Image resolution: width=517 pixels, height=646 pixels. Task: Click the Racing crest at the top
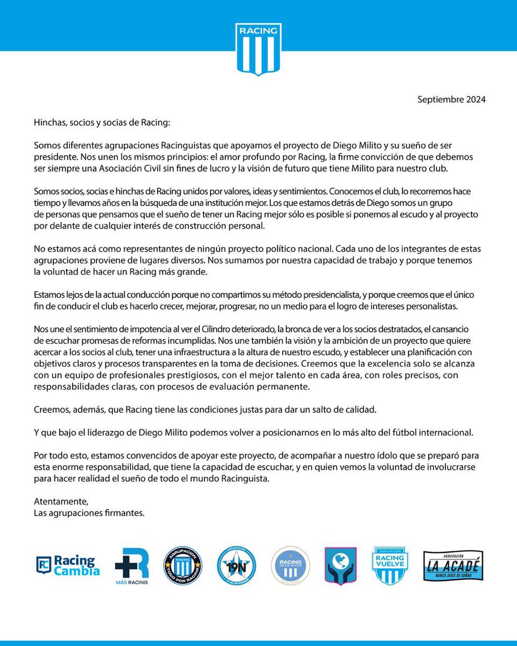[258, 48]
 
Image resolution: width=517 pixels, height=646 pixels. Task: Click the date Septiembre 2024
[451, 100]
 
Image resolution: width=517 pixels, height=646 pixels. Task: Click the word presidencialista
[345, 296]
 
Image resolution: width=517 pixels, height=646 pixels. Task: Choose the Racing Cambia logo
[68, 566]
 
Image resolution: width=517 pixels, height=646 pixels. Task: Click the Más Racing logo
[131, 566]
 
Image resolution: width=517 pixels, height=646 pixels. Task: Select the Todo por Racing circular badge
[183, 565]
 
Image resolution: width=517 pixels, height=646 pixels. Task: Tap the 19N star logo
[236, 565]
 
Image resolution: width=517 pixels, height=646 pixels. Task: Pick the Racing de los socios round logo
[290, 565]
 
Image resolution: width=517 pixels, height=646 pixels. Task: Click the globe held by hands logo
[340, 565]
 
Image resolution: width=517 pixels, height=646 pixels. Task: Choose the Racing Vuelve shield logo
[390, 565]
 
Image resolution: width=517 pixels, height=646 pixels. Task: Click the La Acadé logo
[452, 566]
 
